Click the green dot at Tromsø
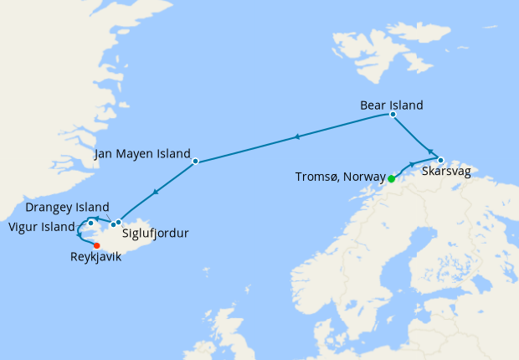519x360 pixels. point(392,178)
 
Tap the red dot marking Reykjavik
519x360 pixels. point(96,245)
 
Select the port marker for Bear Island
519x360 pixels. point(393,115)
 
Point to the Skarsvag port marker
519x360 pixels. point(440,159)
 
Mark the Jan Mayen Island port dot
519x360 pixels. point(195,161)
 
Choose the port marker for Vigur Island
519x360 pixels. point(90,223)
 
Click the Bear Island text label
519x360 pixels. point(391,105)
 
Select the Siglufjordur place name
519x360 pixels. point(155,234)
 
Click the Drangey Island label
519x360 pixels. point(67,207)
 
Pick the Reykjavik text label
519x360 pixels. point(95,257)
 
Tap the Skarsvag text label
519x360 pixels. point(452,171)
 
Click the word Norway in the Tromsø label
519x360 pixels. point(363,177)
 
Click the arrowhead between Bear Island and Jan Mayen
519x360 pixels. point(295,136)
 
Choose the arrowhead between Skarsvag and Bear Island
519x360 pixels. point(429,151)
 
